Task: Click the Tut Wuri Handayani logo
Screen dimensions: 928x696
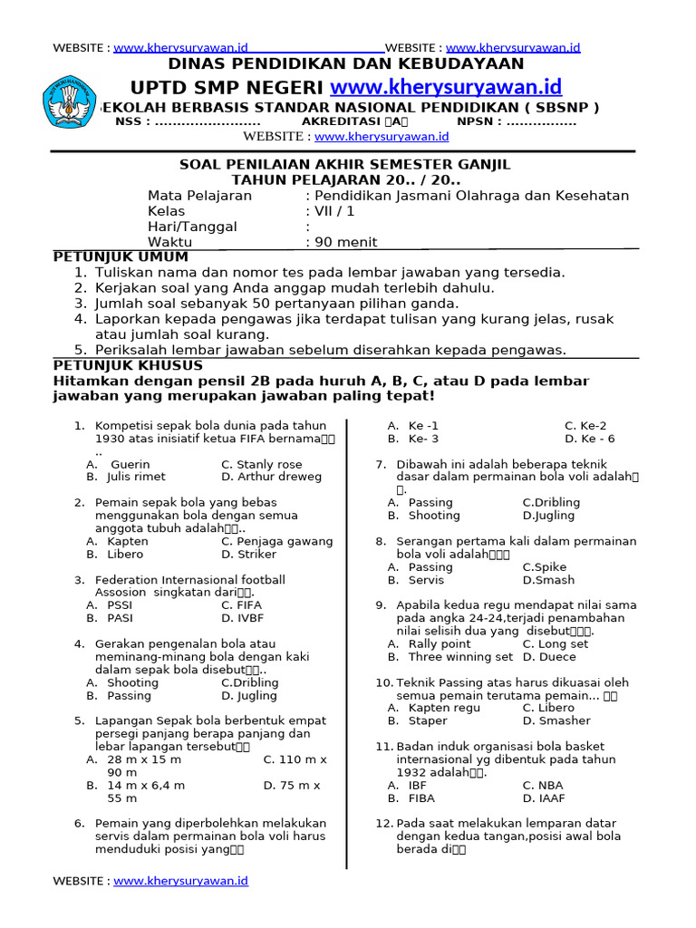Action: coord(73,101)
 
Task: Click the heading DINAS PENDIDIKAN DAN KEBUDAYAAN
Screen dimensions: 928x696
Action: coord(347,63)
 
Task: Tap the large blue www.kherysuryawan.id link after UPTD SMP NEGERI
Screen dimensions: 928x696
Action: coord(446,87)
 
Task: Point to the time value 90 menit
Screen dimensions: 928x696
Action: coord(345,242)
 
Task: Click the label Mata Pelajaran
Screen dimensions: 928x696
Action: coord(199,196)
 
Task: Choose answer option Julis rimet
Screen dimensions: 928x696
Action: coord(136,477)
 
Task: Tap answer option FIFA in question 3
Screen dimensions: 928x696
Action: coord(248,605)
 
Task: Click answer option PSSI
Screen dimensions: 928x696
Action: coord(120,605)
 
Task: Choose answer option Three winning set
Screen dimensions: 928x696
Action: coord(460,657)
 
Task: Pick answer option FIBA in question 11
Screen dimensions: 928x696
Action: coord(421,798)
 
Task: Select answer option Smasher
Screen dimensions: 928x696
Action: coord(556,721)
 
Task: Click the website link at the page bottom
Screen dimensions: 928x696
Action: coord(180,881)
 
